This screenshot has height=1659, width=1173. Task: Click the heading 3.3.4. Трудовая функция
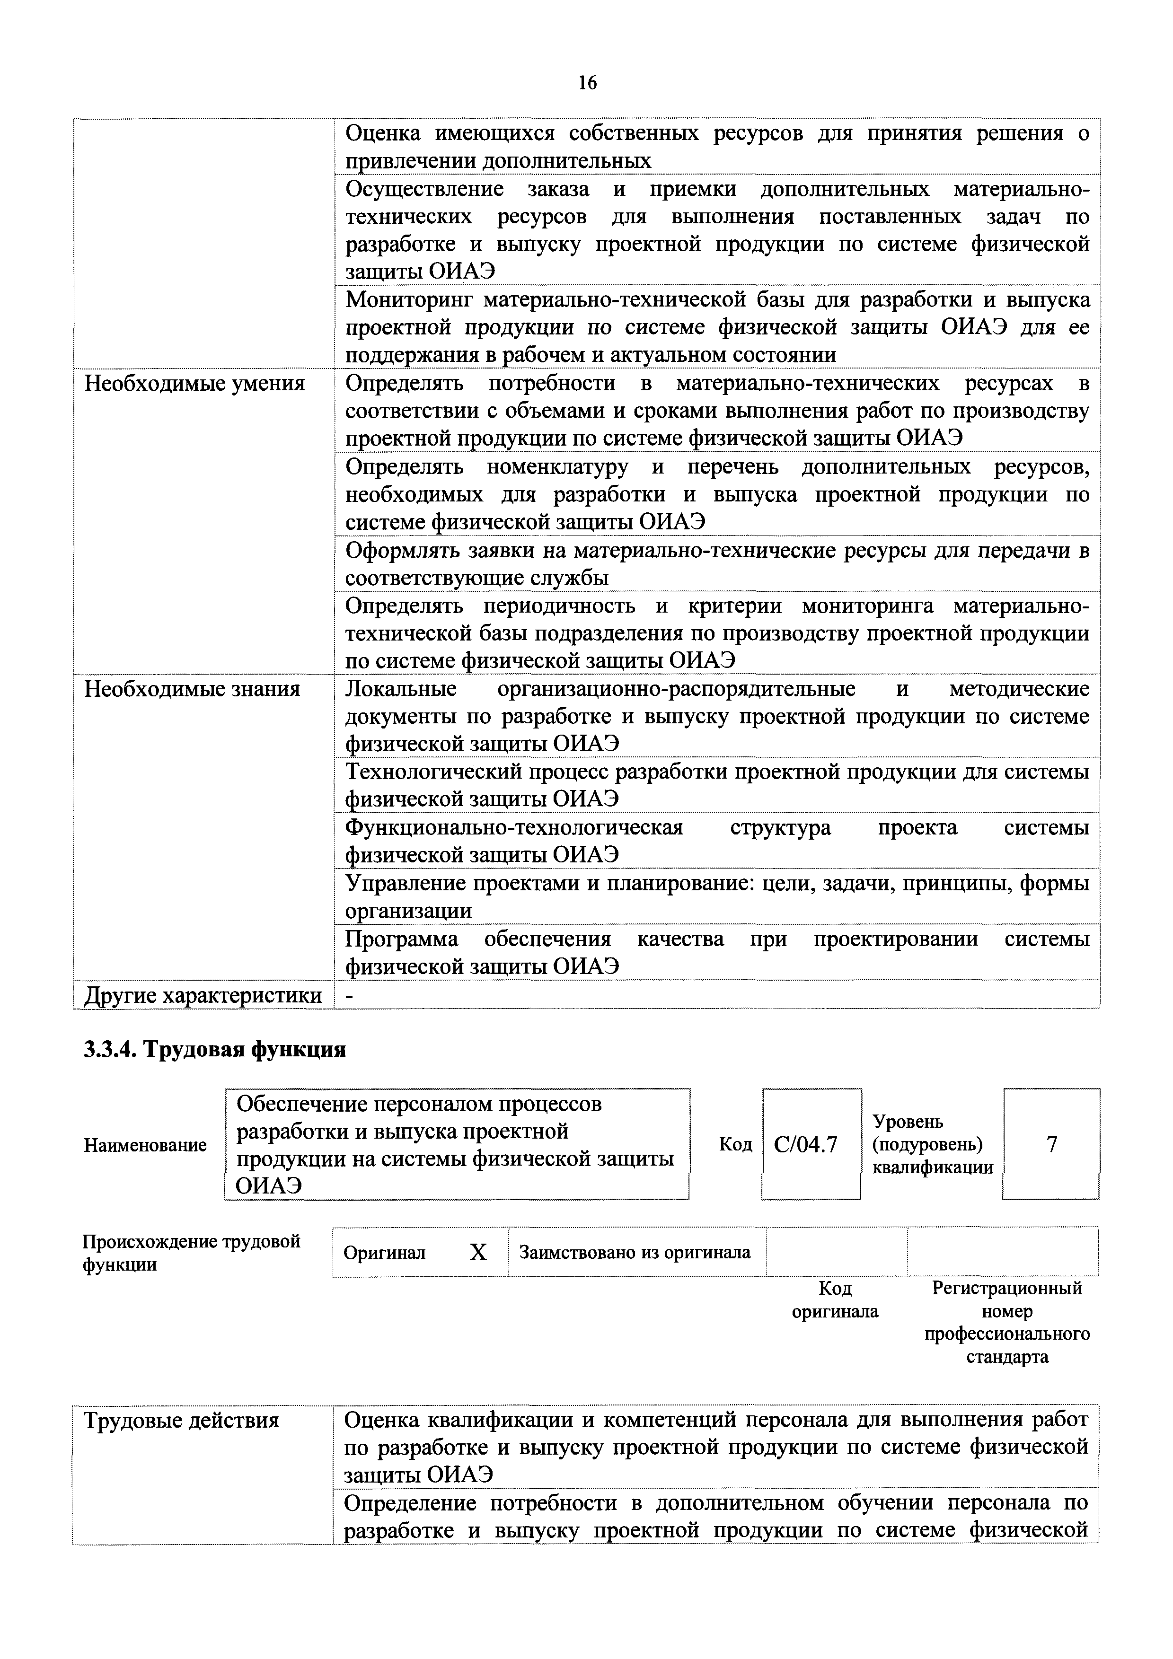pos(215,1049)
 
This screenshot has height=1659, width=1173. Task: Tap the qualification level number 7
pos(1051,1144)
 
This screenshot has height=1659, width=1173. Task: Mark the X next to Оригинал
pos(478,1252)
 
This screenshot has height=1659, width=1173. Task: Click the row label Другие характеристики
pos(203,995)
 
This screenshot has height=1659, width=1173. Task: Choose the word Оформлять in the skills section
pos(401,551)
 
